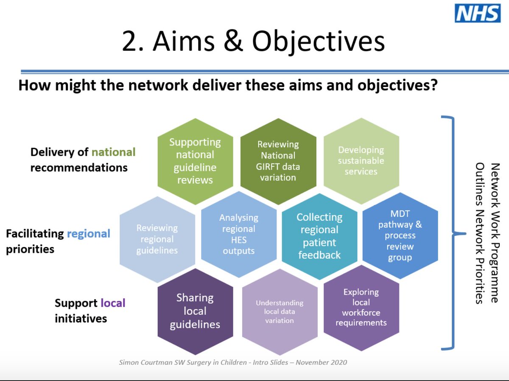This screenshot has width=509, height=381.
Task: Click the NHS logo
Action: click(x=478, y=14)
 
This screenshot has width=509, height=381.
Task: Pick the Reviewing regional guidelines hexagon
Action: click(x=157, y=239)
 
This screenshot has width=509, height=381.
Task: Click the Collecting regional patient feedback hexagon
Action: click(x=319, y=235)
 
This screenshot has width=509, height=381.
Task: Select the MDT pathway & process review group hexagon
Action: click(x=400, y=235)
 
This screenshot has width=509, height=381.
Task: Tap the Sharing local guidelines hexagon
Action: click(x=195, y=311)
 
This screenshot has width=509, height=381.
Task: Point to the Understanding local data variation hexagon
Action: click(x=280, y=312)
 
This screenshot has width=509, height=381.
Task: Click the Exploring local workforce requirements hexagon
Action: click(x=361, y=308)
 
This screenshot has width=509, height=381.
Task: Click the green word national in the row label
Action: click(x=113, y=152)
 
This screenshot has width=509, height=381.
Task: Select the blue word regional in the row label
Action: click(x=89, y=233)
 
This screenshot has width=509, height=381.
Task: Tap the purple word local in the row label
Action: click(x=113, y=303)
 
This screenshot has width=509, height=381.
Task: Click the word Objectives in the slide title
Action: click(x=319, y=42)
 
